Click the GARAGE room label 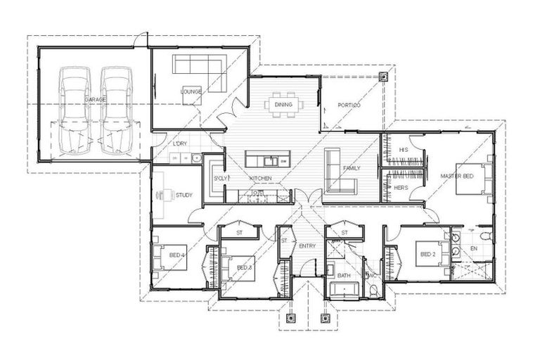coord(96,100)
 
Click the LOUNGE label coord(191,92)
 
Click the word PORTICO coord(349,105)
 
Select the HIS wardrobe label coord(404,150)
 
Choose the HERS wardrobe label coord(401,188)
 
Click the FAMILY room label coord(352,169)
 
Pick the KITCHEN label coord(260,179)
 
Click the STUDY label coord(184,195)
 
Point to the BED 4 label coord(176,255)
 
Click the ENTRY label coord(308,245)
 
